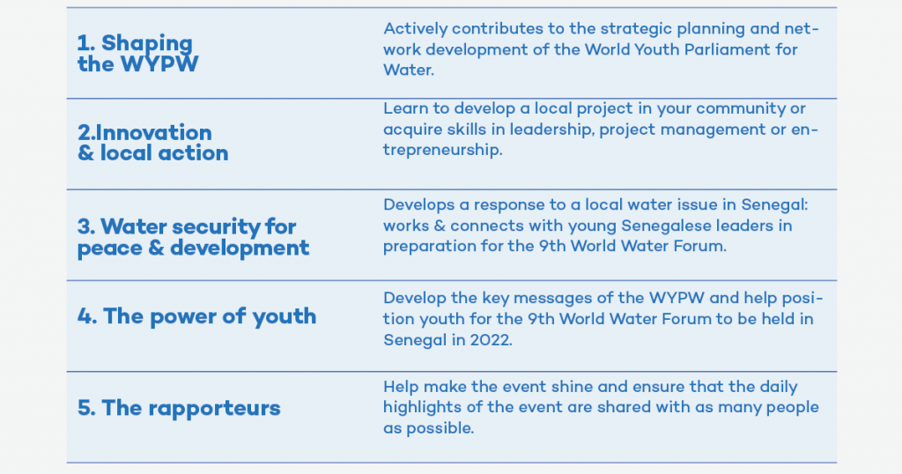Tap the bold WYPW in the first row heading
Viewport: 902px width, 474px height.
159,64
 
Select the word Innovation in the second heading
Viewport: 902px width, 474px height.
153,133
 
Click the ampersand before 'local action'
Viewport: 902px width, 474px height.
85,153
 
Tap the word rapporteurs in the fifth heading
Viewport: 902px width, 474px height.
214,409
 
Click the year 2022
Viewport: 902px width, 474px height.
490,340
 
